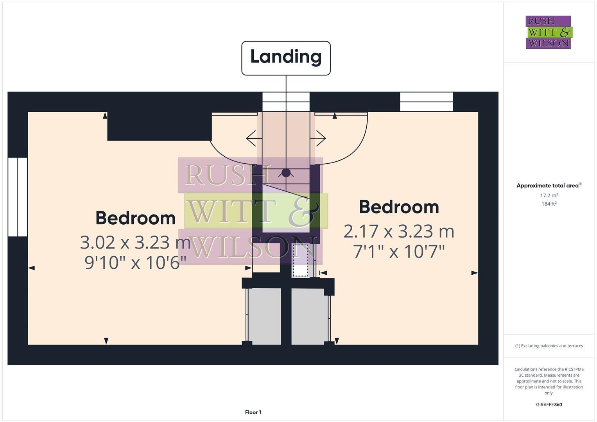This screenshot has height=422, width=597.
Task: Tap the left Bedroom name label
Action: pos(135,218)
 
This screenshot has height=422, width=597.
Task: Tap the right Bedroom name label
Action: pos(399,207)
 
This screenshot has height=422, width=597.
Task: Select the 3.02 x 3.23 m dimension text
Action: pos(135,243)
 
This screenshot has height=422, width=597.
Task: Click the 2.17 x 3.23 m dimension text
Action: pos(399,231)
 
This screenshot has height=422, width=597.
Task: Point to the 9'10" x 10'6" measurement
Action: pos(135,262)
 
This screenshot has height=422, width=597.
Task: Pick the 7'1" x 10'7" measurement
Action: pos(399,251)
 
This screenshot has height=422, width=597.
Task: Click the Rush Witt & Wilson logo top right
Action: pos(548,32)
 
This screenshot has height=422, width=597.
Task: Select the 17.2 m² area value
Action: pos(549,195)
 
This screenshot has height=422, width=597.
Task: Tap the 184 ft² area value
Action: pos(549,204)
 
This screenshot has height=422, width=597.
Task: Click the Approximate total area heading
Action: pos(549,186)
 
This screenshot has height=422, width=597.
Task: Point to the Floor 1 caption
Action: pos(253,412)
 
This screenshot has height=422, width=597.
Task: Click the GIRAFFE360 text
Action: pos(549,404)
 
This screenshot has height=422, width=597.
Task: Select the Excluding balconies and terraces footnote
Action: pos(549,346)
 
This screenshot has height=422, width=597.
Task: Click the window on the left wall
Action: pos(18,197)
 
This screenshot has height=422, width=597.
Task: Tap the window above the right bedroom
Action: pos(426,102)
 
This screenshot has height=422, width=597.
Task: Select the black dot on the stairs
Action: pos(286,172)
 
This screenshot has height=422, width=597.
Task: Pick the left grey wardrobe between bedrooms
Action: pos(265,316)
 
